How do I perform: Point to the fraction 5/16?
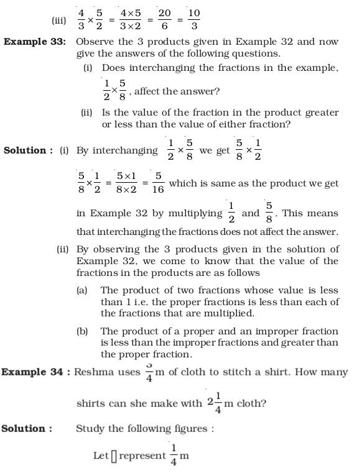coord(158,184)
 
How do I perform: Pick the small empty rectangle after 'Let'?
coord(114,456)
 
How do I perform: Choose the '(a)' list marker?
coord(82,290)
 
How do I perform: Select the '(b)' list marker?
coord(82,331)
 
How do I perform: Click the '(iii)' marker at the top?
coord(59,21)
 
